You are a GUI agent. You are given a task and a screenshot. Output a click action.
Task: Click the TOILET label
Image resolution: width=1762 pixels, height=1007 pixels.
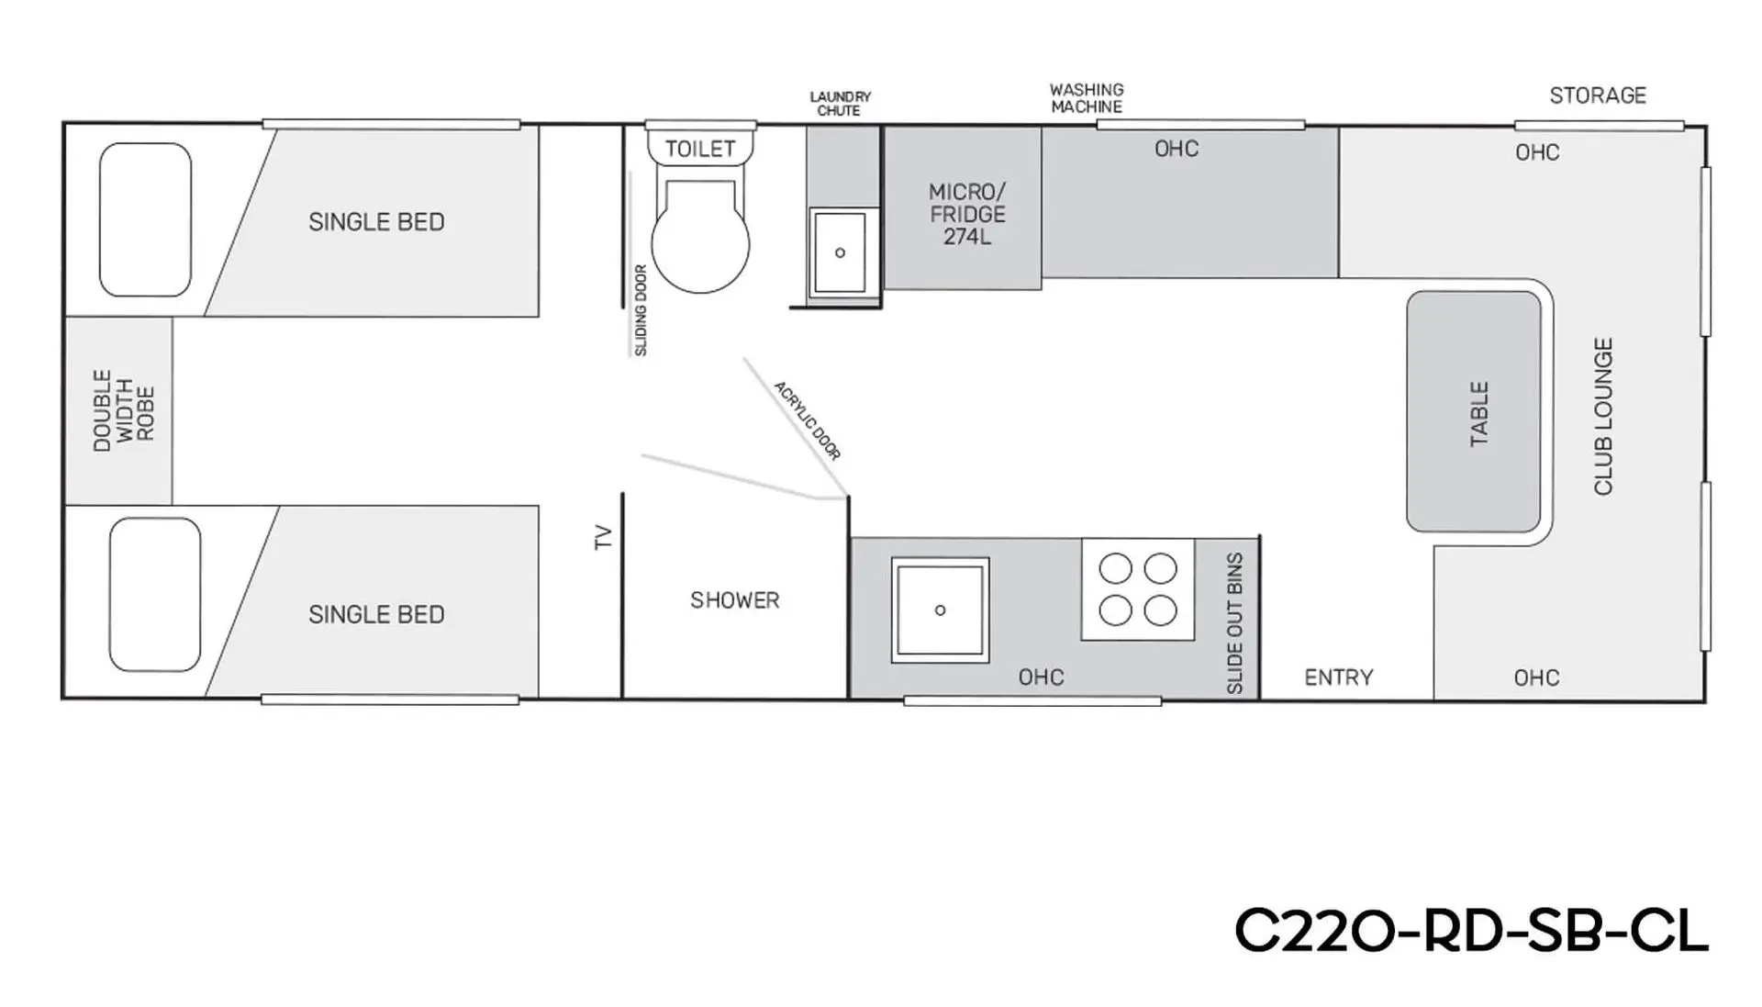[699, 149]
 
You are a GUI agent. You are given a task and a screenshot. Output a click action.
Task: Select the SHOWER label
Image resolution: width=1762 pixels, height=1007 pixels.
[735, 600]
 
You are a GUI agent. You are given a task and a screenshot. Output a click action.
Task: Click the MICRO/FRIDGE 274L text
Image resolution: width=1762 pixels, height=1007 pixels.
[967, 214]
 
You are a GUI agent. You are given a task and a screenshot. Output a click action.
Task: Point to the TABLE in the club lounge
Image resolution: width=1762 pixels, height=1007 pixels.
[1474, 412]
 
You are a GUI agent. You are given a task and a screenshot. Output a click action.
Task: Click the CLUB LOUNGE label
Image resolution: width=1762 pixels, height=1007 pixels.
[1603, 417]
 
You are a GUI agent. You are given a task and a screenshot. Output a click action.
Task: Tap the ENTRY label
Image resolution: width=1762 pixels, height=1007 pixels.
[1339, 677]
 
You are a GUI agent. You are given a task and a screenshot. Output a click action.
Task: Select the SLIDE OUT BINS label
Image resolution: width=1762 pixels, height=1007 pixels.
[1234, 623]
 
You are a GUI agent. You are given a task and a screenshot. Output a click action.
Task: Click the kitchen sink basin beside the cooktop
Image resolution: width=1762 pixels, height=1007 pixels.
[940, 610]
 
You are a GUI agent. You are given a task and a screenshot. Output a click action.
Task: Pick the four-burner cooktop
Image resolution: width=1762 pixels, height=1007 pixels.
[1138, 589]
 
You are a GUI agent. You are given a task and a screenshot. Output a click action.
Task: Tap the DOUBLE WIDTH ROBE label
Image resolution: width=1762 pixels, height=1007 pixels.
[124, 410]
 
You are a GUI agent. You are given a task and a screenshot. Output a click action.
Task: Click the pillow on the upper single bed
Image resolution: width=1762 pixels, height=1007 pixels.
[145, 219]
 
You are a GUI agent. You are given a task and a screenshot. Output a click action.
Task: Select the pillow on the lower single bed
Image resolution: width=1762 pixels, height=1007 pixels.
[155, 595]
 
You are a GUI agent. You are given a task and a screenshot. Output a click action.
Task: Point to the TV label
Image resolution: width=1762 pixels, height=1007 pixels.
[603, 537]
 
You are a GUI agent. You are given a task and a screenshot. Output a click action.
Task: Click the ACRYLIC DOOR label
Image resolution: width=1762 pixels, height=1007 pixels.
[808, 420]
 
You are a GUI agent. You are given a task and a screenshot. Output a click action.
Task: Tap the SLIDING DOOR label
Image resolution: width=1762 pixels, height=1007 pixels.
[641, 310]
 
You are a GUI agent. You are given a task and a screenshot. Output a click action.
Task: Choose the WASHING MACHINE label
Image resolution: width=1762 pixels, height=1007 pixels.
[1087, 98]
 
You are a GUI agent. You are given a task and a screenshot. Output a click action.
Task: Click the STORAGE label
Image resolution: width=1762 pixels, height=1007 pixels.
[1598, 95]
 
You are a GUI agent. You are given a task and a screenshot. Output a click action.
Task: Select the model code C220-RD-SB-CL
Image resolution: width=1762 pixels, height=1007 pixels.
[1471, 931]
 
